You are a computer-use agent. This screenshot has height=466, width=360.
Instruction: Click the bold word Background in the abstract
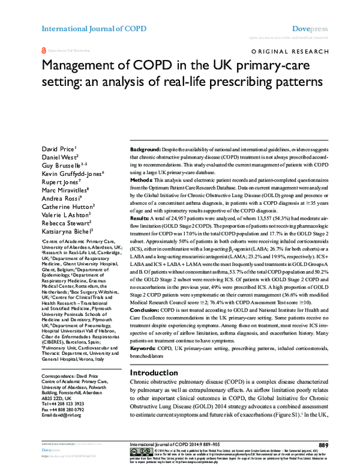(x=146, y=148)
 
